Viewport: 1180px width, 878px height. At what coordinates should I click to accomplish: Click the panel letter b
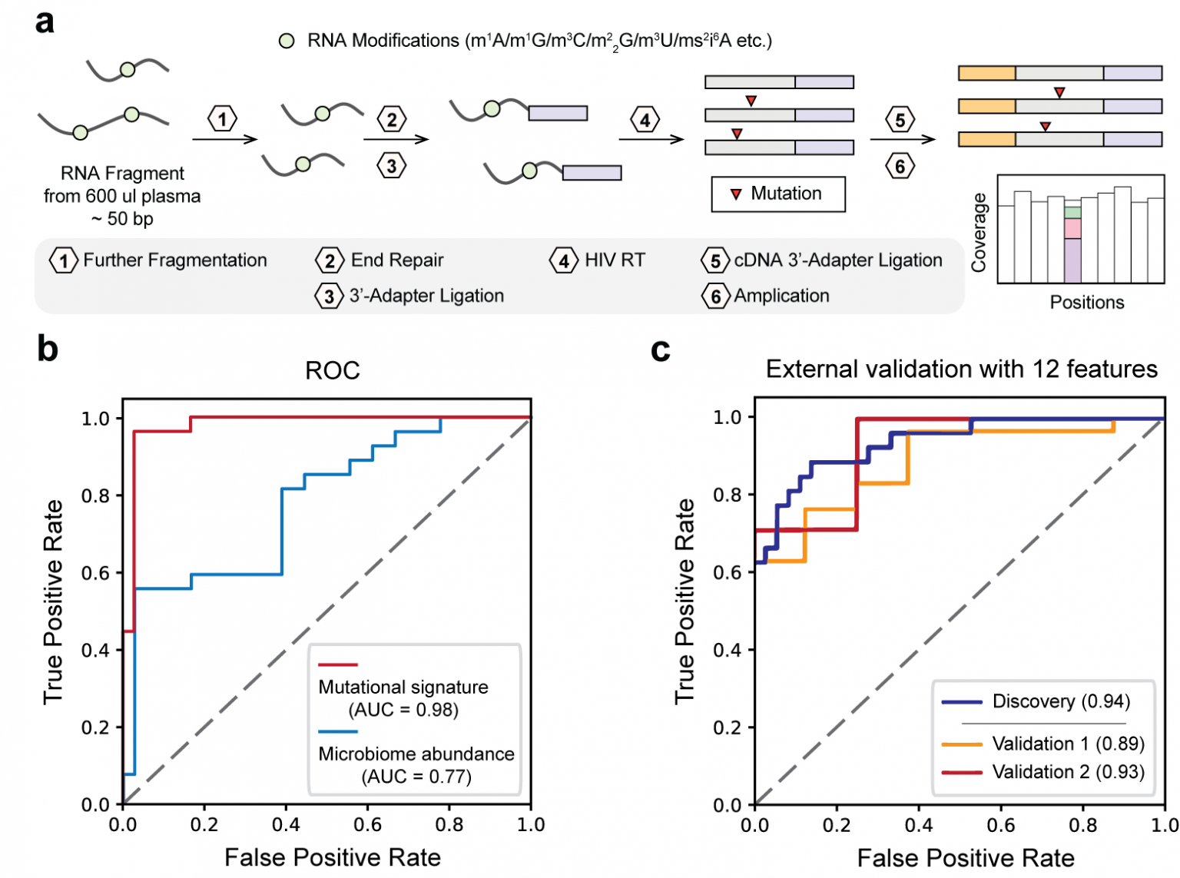coord(48,349)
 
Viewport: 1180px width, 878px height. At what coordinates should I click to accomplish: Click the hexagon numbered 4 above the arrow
coord(645,121)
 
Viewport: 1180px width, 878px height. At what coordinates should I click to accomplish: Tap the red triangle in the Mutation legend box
coord(736,194)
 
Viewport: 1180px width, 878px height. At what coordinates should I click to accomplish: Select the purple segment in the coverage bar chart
coord(1072,260)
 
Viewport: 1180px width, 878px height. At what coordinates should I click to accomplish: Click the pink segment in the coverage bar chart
coord(1072,228)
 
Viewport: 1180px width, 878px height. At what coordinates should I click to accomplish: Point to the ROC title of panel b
coord(333,370)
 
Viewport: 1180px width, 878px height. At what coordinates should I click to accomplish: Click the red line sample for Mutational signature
coord(338,664)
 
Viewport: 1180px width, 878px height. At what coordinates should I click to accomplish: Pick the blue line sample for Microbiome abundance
coord(338,731)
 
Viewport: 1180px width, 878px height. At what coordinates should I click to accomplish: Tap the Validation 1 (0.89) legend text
coord(1069,744)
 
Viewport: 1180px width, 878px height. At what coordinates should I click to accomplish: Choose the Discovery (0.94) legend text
coord(1062,701)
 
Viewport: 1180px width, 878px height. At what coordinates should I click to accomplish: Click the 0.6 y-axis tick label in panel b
coord(94,573)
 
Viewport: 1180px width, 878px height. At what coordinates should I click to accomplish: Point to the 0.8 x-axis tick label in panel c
coord(1082,825)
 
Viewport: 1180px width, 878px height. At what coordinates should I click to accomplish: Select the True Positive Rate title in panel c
coord(684,601)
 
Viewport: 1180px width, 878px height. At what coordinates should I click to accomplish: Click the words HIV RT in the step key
coord(615,260)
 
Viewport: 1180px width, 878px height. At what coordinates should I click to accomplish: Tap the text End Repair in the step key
coord(397,260)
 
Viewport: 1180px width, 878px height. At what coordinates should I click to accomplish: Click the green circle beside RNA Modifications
coord(287,41)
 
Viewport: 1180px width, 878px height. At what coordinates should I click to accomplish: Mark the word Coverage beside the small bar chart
coord(979,233)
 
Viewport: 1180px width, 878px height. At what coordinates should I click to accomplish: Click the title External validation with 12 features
coord(961,369)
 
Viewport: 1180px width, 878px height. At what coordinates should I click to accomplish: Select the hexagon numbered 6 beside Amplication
coord(715,297)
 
